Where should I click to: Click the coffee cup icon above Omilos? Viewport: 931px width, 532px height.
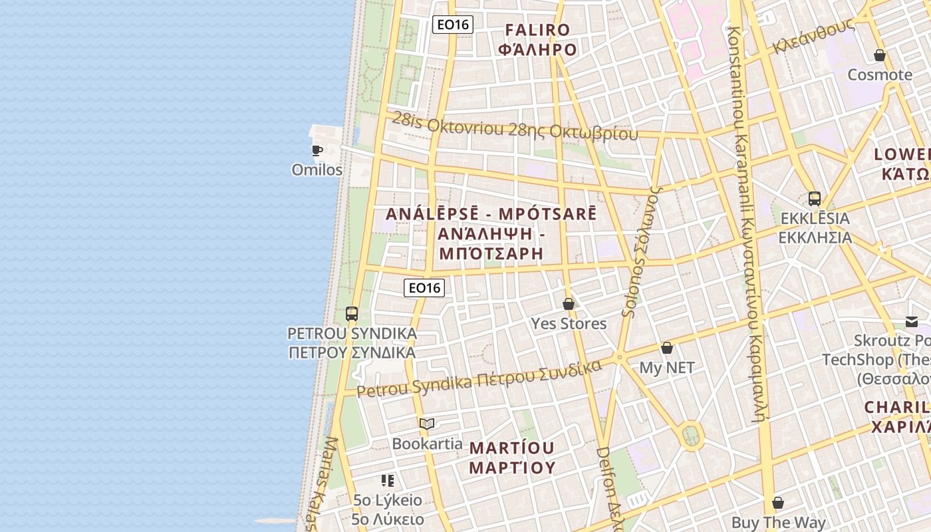[x=317, y=150]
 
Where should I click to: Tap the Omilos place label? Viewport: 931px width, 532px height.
[x=317, y=170]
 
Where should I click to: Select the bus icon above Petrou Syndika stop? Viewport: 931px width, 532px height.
[x=352, y=314]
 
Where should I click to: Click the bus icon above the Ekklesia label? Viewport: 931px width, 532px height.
[x=814, y=198]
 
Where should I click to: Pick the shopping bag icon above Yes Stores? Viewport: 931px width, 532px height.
[x=569, y=304]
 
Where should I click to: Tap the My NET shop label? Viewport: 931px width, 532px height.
[x=667, y=368]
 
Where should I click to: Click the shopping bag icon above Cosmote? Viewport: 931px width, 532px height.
[x=880, y=55]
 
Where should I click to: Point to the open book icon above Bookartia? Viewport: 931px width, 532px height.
[x=427, y=424]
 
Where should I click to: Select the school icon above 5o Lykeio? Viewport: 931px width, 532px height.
[x=388, y=480]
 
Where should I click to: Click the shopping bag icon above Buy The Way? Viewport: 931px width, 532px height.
[x=778, y=503]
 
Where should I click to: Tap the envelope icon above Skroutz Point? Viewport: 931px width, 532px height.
[x=912, y=322]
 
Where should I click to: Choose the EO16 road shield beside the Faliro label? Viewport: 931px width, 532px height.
[x=452, y=25]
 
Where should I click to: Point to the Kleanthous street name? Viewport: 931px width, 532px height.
[x=813, y=37]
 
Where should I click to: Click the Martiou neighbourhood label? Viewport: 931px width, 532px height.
[x=512, y=457]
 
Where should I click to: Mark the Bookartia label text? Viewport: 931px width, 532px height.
[x=427, y=444]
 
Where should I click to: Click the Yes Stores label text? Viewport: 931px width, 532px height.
[x=569, y=324]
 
